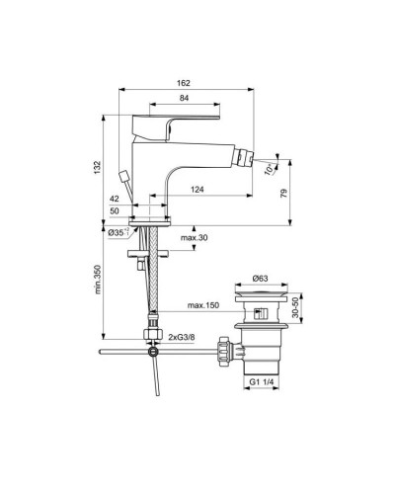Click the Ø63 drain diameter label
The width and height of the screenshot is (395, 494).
point(261,280)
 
